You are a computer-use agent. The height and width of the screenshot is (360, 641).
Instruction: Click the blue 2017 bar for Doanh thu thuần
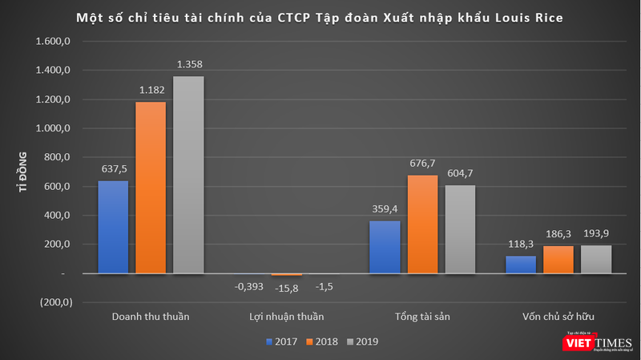pyautogui.click(x=113, y=227)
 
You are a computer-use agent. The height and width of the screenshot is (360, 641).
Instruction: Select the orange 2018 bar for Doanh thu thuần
pyautogui.click(x=151, y=188)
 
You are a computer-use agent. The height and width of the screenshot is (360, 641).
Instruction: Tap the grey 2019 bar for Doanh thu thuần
pyautogui.click(x=188, y=175)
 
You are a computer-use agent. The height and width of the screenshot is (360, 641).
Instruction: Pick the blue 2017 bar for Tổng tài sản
pyautogui.click(x=385, y=247)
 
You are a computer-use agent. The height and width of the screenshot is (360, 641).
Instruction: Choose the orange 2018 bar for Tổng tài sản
pyautogui.click(x=422, y=224)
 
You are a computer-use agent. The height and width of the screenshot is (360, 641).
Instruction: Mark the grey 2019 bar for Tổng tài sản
pyautogui.click(x=460, y=229)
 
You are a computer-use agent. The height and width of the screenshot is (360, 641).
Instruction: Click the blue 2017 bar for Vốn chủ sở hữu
pyautogui.click(x=521, y=265)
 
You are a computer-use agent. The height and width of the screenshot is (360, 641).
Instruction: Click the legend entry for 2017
pyautogui.click(x=281, y=342)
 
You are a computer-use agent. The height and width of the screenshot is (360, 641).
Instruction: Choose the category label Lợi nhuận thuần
pyautogui.click(x=286, y=316)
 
